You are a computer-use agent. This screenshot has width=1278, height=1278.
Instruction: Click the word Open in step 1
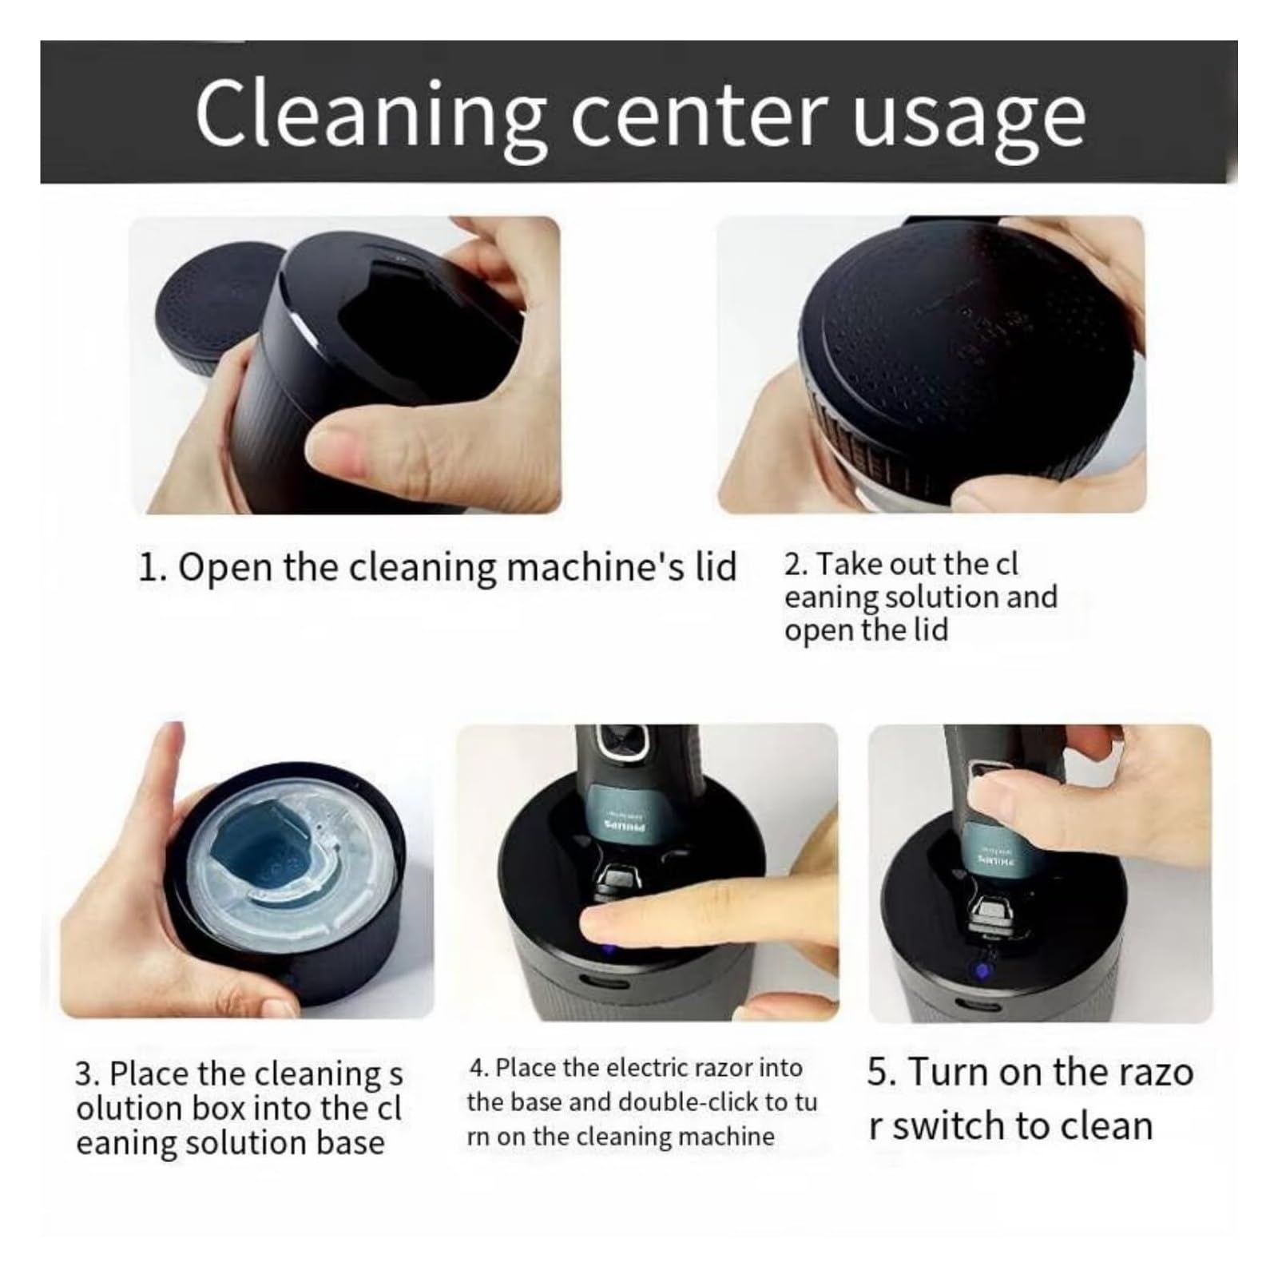[224, 569]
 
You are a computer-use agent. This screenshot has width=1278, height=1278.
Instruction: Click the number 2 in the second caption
[793, 565]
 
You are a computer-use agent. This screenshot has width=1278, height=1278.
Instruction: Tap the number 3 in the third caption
[85, 1074]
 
